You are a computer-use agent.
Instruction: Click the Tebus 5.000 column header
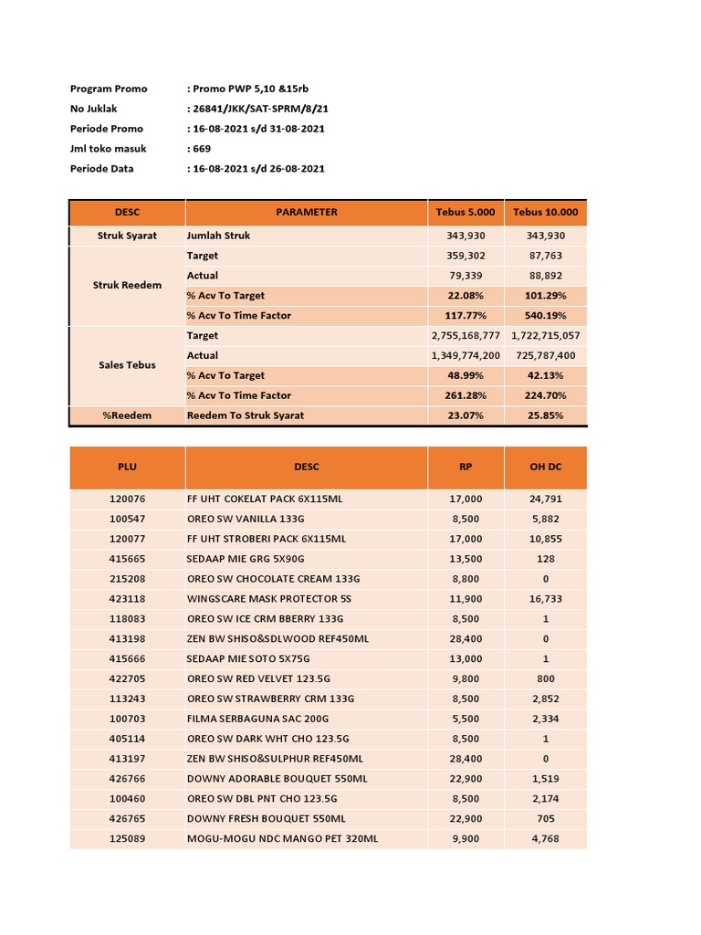[466, 212]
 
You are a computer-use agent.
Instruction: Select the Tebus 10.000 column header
[545, 212]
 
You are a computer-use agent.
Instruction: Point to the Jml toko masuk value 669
[200, 149]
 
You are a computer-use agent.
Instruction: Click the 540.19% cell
[545, 316]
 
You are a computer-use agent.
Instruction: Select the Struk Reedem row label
[127, 285]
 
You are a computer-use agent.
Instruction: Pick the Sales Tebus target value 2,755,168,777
[466, 336]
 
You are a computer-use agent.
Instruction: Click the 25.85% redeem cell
[545, 415]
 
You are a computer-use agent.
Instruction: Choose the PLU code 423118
[127, 599]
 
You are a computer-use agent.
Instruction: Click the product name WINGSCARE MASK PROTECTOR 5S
[268, 599]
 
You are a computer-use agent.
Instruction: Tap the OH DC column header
[545, 467]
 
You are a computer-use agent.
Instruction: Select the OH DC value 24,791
[545, 499]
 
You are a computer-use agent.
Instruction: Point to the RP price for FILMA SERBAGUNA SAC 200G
[466, 719]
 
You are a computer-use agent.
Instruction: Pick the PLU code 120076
[127, 499]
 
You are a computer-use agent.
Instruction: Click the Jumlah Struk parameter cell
[218, 236]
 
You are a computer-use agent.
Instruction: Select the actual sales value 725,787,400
[545, 355]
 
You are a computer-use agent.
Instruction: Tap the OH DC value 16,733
[545, 599]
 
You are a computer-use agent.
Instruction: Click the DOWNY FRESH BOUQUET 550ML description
[266, 819]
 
